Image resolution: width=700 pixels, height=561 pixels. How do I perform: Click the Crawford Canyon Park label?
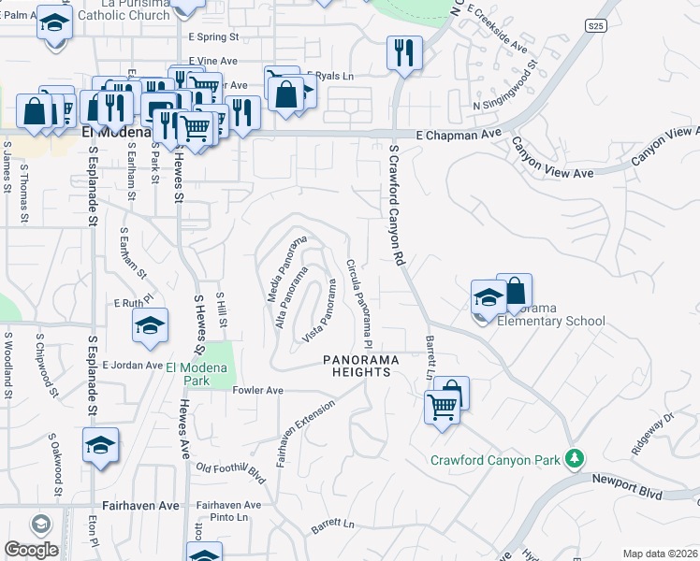tap(495, 459)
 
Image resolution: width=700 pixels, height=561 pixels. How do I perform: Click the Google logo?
tap(31, 550)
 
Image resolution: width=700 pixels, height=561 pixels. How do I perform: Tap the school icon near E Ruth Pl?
tap(149, 324)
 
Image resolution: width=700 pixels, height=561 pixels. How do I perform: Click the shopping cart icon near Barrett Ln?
tap(442, 406)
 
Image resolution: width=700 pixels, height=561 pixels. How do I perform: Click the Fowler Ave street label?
tap(258, 391)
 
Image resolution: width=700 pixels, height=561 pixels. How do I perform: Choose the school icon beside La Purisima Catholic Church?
tap(55, 22)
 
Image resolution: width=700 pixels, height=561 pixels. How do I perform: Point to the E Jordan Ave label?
tap(132, 365)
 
